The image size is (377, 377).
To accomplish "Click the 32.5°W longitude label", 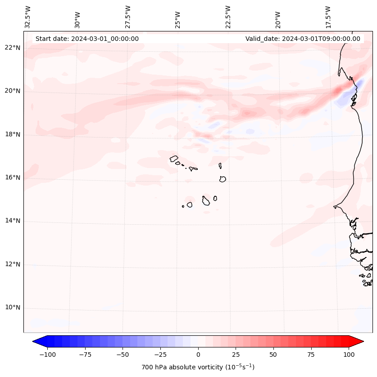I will [28, 17].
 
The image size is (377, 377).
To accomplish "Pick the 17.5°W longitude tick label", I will [328, 17].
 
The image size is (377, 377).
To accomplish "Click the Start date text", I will [87, 39].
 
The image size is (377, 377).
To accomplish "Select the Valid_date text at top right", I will [303, 39].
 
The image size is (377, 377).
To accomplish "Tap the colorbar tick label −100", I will [47, 355].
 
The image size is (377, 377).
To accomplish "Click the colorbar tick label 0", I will [198, 355].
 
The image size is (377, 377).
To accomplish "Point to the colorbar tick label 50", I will [273, 355].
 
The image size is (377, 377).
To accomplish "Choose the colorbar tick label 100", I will [349, 355].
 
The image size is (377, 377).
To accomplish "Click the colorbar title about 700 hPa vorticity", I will [198, 367].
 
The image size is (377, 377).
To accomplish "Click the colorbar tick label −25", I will [160, 355].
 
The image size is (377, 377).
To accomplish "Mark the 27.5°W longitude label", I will [128, 17].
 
